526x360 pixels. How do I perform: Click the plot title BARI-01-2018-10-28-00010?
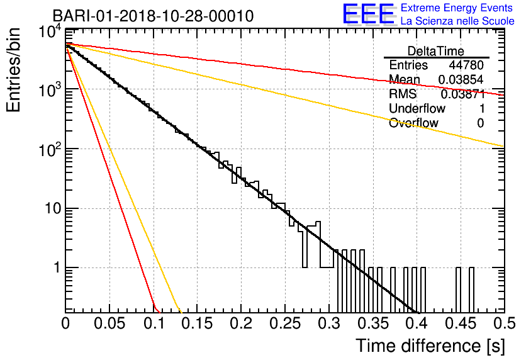(153, 16)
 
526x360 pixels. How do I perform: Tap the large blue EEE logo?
(368, 14)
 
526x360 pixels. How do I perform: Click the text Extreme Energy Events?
(457, 8)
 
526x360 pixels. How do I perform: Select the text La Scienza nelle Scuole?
(457, 21)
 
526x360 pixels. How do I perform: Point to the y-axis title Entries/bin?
(13, 70)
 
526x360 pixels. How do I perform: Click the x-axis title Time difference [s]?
(430, 346)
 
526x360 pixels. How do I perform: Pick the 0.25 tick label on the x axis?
(285, 323)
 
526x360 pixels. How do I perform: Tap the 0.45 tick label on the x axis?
(461, 323)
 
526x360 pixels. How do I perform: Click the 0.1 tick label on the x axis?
(155, 323)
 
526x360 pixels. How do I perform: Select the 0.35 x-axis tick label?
(372, 323)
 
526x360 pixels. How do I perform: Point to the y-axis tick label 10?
(53, 209)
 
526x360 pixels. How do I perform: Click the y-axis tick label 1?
(57, 268)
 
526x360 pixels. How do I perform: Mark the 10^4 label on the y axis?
(50, 33)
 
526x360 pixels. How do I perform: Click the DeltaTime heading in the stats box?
(436, 51)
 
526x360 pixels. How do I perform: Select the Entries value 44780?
(466, 65)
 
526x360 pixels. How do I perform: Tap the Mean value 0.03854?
(461, 79)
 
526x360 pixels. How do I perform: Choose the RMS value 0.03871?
(462, 94)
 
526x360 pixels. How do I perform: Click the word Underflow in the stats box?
(417, 108)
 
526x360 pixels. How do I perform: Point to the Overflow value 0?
(480, 123)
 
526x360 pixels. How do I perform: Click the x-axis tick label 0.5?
(505, 323)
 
